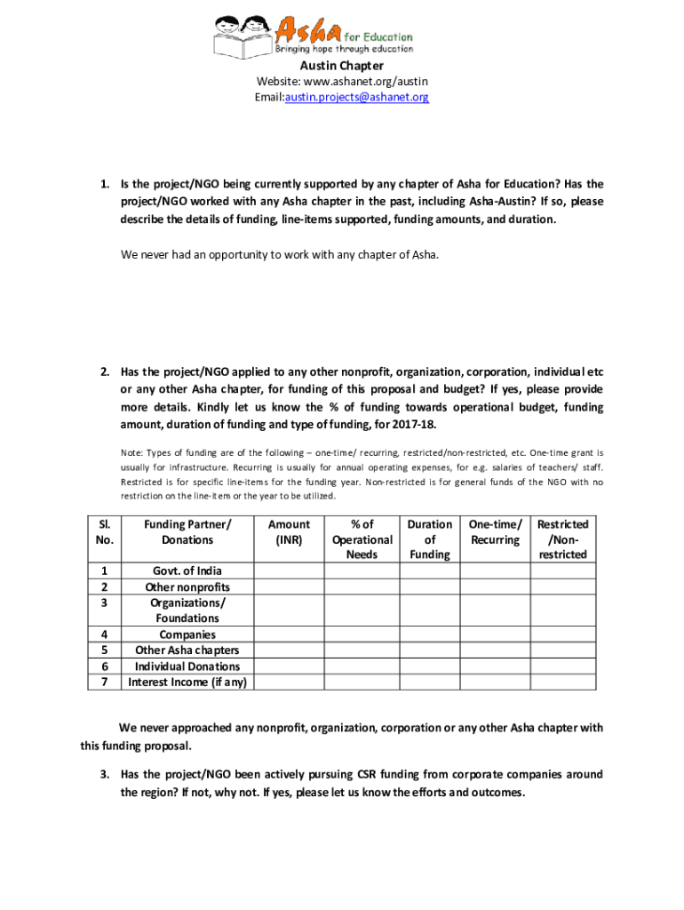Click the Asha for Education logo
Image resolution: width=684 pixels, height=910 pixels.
click(x=313, y=34)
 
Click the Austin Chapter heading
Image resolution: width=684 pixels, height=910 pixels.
click(x=341, y=66)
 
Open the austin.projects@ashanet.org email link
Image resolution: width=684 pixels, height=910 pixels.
click(x=356, y=97)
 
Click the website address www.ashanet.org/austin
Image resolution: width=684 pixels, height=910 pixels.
click(x=366, y=82)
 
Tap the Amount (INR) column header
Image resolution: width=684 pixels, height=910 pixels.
click(x=289, y=532)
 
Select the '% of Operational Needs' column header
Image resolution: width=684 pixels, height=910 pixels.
click(x=362, y=539)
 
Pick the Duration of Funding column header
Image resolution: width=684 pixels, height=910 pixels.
click(x=430, y=539)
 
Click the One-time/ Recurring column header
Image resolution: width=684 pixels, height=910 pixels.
click(x=495, y=532)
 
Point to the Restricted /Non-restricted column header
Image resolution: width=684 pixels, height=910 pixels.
click(x=562, y=539)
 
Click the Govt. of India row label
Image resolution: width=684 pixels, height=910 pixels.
click(x=187, y=571)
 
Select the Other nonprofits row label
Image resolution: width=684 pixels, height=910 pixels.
click(x=187, y=587)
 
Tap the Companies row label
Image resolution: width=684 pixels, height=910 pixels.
click(x=187, y=635)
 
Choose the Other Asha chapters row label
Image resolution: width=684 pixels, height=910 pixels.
click(x=187, y=651)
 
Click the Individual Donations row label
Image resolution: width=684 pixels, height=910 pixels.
click(x=187, y=667)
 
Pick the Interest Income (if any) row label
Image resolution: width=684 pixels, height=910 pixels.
click(x=187, y=682)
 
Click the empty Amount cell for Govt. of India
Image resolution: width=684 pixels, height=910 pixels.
click(x=289, y=571)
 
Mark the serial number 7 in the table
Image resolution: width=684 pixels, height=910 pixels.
click(x=105, y=682)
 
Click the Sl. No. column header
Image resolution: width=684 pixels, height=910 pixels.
click(x=105, y=532)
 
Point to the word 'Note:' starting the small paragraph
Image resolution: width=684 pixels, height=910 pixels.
click(x=133, y=451)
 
